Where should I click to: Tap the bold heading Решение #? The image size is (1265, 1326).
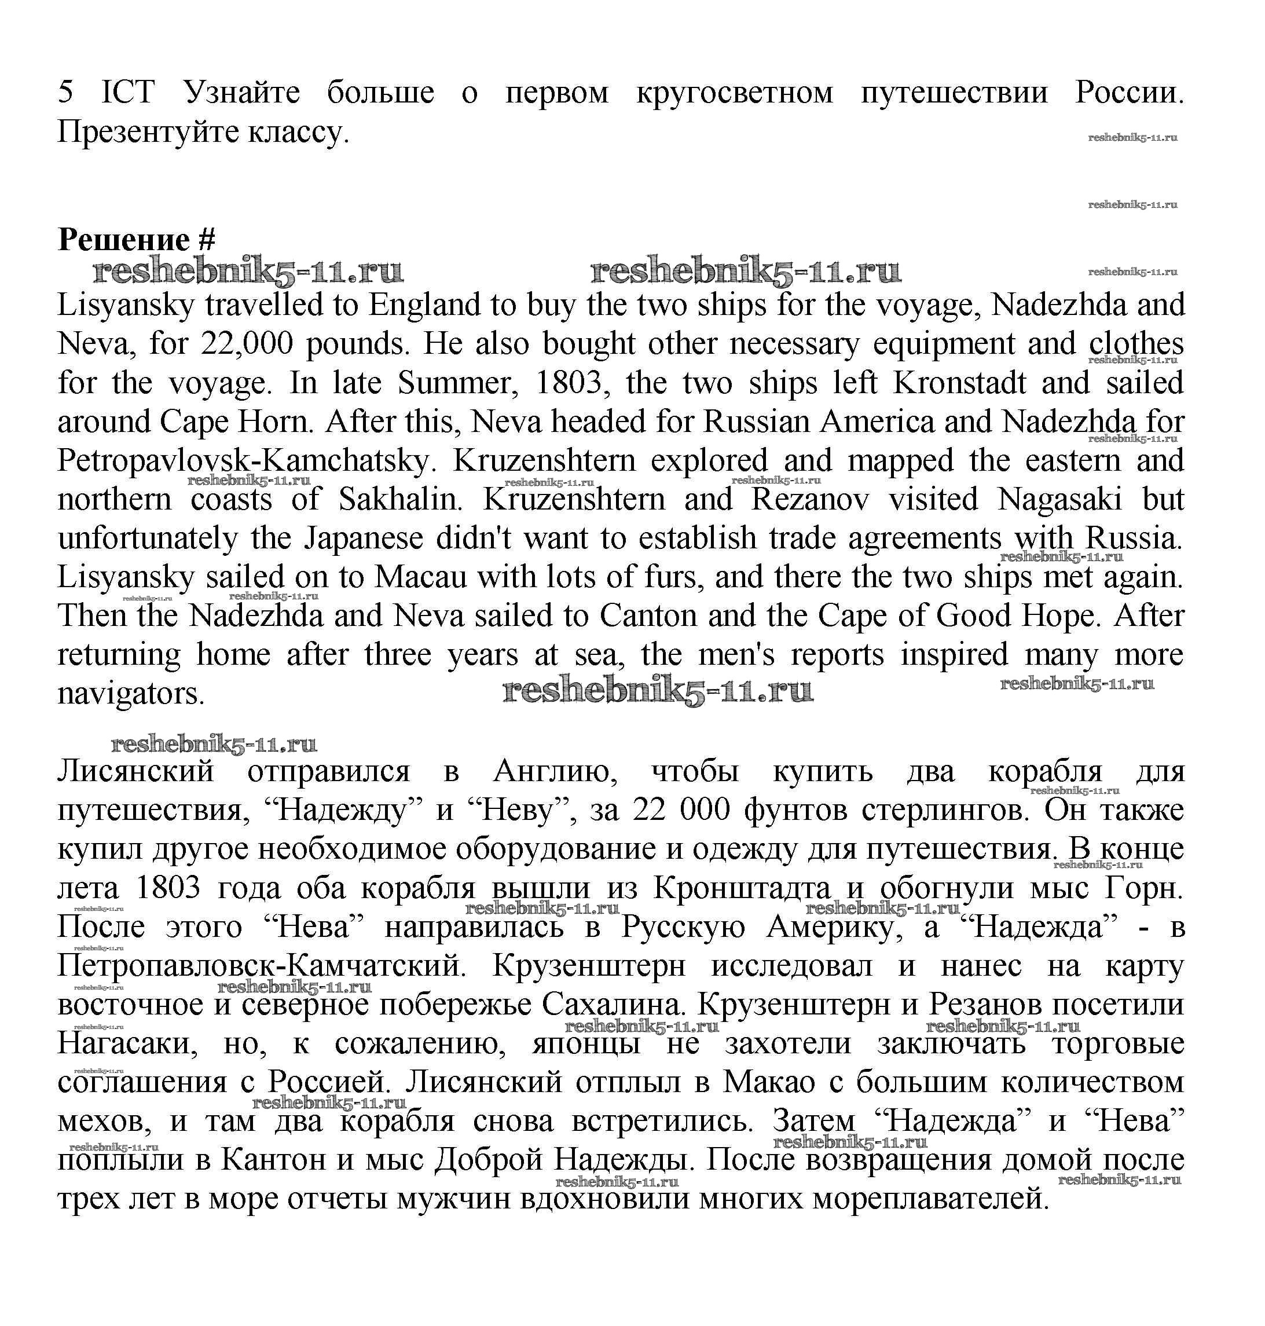(137, 240)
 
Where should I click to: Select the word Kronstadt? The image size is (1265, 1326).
(959, 383)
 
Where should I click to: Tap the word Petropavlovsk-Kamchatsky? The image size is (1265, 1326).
(243, 461)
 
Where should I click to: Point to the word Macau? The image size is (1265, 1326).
(421, 577)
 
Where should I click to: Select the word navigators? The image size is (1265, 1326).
(131, 694)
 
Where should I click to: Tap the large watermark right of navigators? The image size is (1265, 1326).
(658, 691)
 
